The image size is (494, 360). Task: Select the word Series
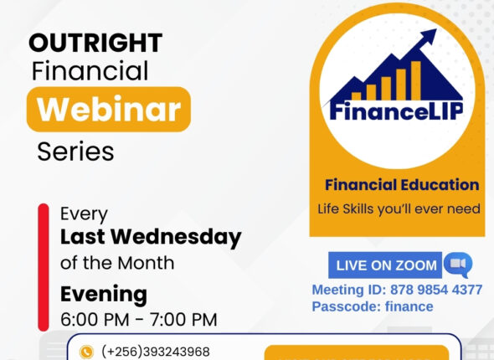(75, 152)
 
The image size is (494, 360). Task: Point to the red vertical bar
(44, 265)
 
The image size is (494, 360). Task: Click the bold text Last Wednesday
(151, 237)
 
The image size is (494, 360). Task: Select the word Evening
(103, 294)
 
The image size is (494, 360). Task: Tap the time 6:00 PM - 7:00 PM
(138, 320)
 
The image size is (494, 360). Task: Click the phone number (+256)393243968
(155, 352)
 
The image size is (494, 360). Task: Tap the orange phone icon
(85, 352)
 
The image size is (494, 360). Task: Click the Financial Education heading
(402, 185)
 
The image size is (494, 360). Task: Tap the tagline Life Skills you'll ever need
(399, 208)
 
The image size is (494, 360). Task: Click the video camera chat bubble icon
(457, 265)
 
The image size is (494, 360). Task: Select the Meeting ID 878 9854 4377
(397, 290)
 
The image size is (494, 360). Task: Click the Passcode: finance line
(373, 306)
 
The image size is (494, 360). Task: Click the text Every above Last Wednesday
(84, 213)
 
